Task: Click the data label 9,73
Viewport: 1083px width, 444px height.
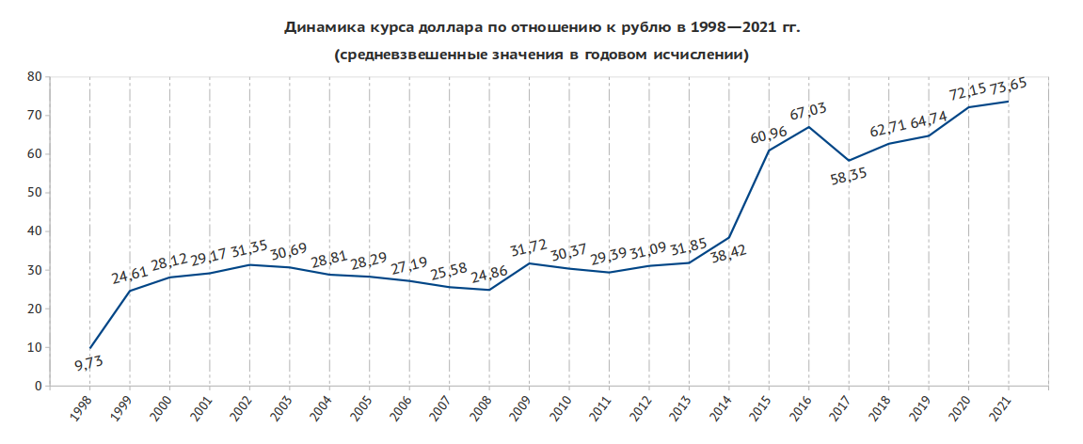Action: click(90, 365)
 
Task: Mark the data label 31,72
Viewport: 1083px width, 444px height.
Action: click(530, 250)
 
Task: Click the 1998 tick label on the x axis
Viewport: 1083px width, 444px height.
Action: click(82, 406)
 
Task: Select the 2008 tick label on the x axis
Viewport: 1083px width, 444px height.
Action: click(482, 406)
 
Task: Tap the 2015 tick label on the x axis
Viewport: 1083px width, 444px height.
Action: click(761, 406)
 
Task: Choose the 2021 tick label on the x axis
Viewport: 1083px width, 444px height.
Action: click(1001, 406)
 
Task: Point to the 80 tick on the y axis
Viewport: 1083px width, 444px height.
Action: click(35, 77)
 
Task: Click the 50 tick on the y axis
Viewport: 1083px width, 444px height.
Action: click(35, 193)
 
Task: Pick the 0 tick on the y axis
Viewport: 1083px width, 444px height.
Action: click(39, 387)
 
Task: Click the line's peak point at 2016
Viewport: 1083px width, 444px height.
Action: click(809, 127)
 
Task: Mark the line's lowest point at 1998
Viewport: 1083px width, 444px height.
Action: click(90, 348)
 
